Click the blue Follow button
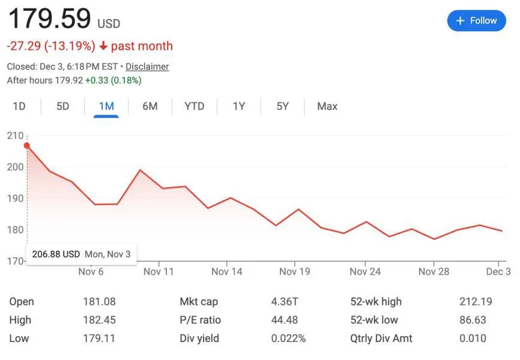tap(477, 21)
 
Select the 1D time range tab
tap(19, 106)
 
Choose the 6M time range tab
tap(150, 106)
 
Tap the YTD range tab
tap(194, 106)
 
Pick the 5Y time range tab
tap(283, 106)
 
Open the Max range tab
tap(327, 106)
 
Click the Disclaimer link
tap(147, 67)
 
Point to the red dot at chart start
tap(27, 145)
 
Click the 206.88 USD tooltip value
tap(56, 254)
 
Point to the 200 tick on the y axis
tap(15, 167)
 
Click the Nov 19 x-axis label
tap(295, 271)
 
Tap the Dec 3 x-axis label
tap(498, 271)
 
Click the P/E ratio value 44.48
tap(285, 320)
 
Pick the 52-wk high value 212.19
tap(473, 302)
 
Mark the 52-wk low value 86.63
tap(473, 320)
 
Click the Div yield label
tap(199, 338)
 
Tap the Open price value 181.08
tap(99, 302)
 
